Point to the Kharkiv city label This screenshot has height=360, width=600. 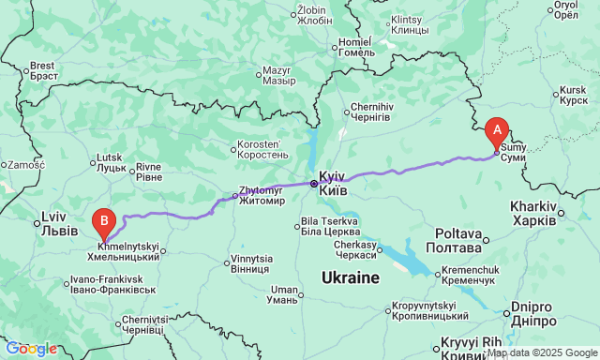tap(533, 212)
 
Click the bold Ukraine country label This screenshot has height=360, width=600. tap(350, 277)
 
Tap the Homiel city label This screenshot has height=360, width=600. tap(355, 47)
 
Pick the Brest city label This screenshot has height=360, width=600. tap(43, 71)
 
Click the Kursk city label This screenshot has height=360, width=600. tap(572, 96)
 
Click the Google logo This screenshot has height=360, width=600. tap(30, 349)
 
